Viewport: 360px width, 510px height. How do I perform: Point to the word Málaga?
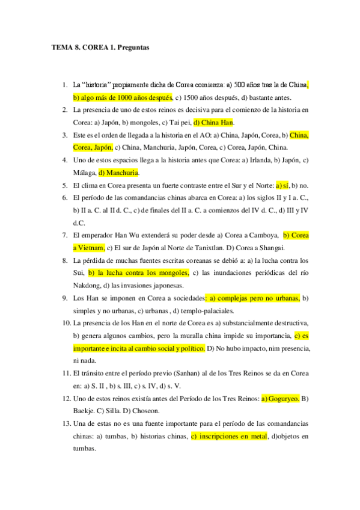pyautogui.click(x=85, y=173)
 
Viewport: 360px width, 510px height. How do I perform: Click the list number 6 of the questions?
pyautogui.click(x=65, y=198)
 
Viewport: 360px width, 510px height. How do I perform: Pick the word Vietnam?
pyautogui.click(x=93, y=248)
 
